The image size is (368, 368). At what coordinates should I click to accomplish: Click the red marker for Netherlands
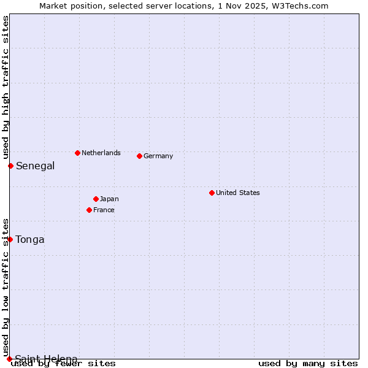tap(77, 153)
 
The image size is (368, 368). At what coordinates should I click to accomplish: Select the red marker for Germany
tap(139, 156)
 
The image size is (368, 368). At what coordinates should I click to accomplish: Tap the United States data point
tap(212, 193)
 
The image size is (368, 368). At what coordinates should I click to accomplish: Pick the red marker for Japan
tap(96, 199)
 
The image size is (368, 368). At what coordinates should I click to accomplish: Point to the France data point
tap(89, 210)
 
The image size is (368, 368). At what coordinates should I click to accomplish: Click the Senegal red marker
tap(10, 166)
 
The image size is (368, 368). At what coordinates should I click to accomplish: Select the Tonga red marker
tap(10, 239)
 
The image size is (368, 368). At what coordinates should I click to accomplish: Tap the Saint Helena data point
tap(9, 359)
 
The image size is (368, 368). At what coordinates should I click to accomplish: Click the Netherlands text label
tap(101, 153)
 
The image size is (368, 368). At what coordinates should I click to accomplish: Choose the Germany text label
tap(158, 156)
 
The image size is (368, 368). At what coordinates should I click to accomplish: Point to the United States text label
tap(237, 193)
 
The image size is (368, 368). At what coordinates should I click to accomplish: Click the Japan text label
tap(109, 199)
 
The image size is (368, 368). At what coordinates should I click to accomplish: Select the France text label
tap(104, 210)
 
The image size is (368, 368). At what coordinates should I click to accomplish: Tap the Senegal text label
tap(35, 166)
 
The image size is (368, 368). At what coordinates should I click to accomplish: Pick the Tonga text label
tap(30, 239)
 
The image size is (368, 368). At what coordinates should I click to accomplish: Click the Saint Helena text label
tap(46, 359)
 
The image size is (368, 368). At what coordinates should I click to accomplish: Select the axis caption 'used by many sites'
tap(308, 363)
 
